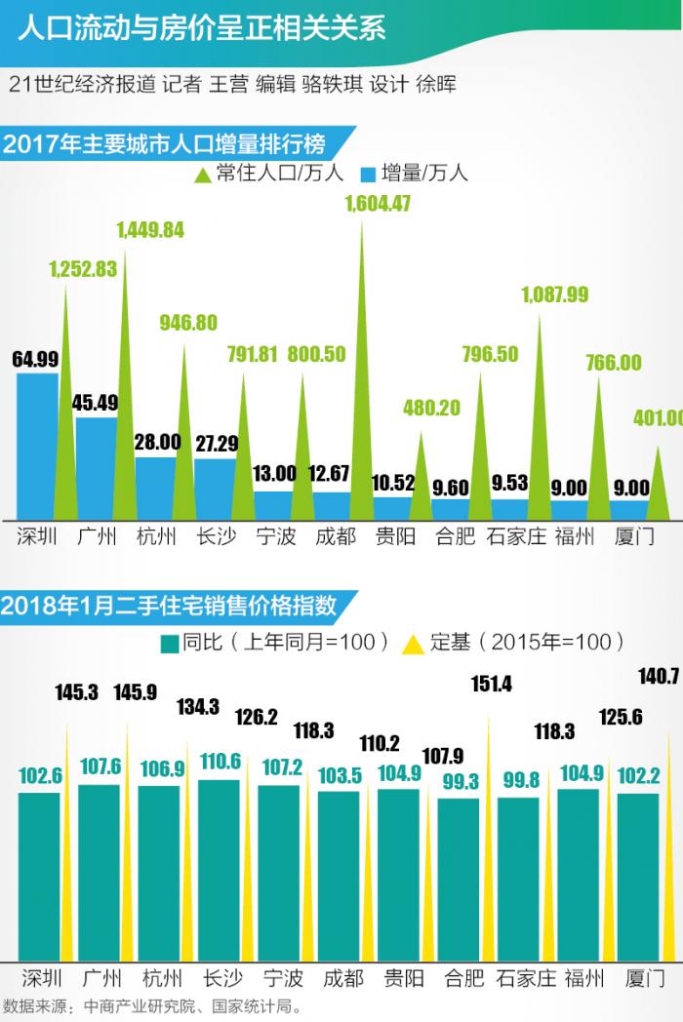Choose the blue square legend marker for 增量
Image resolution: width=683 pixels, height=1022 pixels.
pos(368,176)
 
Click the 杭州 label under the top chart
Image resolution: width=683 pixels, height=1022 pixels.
pos(156,537)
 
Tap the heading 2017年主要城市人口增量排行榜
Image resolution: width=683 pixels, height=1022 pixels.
pos(163,144)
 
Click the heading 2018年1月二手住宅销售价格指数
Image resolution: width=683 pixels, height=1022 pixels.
pos(168,605)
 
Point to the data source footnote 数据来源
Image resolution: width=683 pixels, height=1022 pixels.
pos(151,1005)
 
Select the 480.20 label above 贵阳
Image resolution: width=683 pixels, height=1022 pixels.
pos(430,408)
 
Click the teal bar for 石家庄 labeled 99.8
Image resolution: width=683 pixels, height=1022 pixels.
pos(518,878)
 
